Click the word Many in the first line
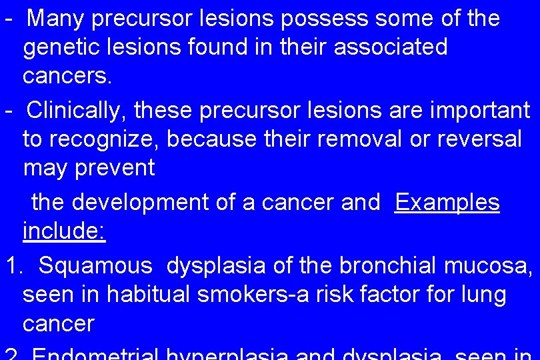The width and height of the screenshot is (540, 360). pyautogui.click(x=56, y=19)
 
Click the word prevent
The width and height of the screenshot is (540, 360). pyautogui.click(x=115, y=169)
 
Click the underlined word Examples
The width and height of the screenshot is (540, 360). pyautogui.click(x=447, y=202)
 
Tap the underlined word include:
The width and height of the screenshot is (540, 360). pyautogui.click(x=64, y=232)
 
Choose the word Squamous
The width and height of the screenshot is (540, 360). pyautogui.click(x=96, y=266)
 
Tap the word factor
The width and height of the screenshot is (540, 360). pyautogui.click(x=402, y=294)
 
